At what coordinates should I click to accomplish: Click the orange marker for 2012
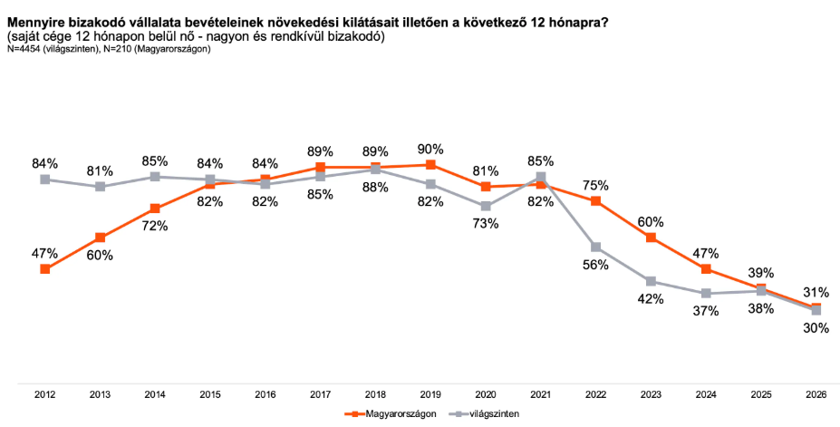(x=45, y=269)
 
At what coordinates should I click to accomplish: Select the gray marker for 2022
(x=596, y=247)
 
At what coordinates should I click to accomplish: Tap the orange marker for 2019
(x=430, y=165)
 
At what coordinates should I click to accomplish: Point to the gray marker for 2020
(x=486, y=206)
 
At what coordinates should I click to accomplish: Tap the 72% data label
(x=155, y=226)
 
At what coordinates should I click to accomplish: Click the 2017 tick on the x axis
(x=320, y=395)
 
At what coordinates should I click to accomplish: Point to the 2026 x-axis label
(x=816, y=395)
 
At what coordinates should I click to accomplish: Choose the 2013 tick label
(x=100, y=395)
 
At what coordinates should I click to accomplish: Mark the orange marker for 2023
(x=652, y=238)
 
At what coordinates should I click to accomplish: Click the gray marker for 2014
(x=155, y=177)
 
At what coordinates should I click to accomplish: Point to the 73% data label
(x=486, y=223)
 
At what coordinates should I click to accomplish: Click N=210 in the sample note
(x=119, y=50)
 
